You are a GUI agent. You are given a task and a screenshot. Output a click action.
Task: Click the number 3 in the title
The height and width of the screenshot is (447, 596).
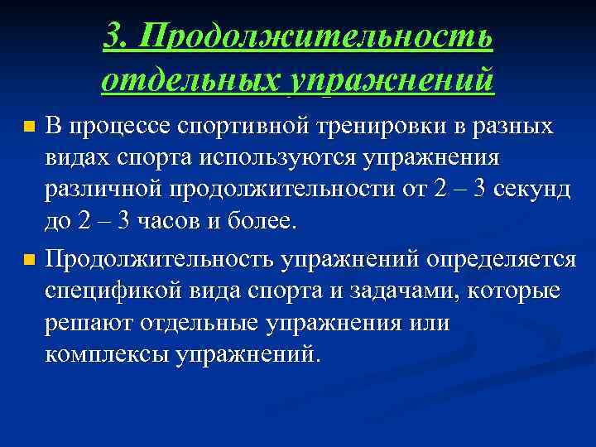pyautogui.click(x=115, y=36)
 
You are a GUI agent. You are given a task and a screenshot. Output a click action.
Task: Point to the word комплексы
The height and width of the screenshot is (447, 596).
pyautogui.click(x=107, y=354)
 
